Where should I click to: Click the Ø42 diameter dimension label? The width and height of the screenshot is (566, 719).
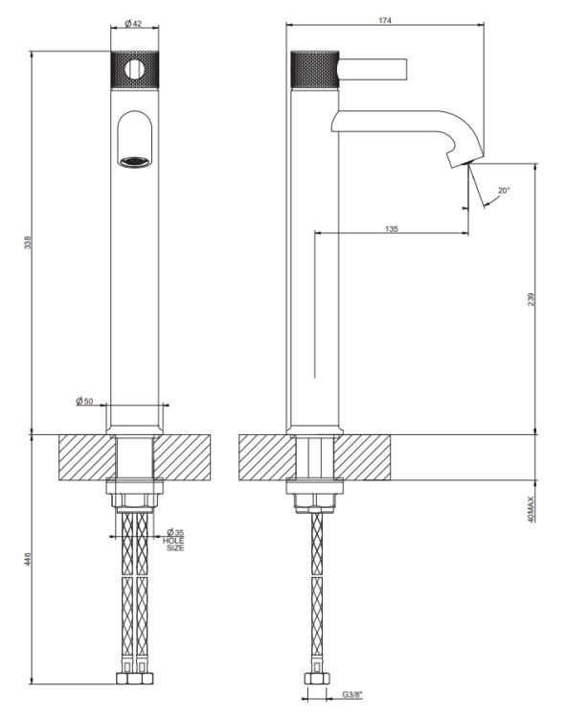(x=133, y=23)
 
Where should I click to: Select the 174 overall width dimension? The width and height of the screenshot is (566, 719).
(x=385, y=20)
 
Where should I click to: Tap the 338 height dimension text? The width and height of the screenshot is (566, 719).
(x=28, y=243)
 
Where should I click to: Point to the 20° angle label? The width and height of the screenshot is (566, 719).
(x=504, y=191)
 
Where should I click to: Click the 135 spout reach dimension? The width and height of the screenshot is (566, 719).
(x=392, y=229)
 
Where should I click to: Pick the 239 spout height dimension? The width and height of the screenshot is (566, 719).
(x=531, y=299)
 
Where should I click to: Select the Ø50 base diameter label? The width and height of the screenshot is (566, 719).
(x=84, y=402)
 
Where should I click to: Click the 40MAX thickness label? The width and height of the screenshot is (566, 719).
(x=531, y=509)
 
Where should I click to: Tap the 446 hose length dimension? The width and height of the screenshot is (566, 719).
(x=28, y=559)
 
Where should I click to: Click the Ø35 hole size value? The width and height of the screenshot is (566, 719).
(x=174, y=532)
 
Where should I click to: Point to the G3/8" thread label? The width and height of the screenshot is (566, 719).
(x=352, y=695)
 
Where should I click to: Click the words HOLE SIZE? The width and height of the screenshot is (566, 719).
(x=173, y=545)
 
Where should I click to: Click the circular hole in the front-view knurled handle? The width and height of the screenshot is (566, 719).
(x=134, y=69)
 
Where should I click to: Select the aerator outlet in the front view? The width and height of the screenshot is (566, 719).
(x=135, y=161)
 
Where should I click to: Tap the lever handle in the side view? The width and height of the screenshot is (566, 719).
(x=373, y=69)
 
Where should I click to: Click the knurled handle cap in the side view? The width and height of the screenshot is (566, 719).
(x=315, y=69)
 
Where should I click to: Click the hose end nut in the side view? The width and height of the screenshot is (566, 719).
(x=317, y=678)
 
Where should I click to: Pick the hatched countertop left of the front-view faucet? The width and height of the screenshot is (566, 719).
(x=87, y=457)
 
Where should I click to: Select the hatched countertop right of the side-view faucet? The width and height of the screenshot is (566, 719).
(x=362, y=457)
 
